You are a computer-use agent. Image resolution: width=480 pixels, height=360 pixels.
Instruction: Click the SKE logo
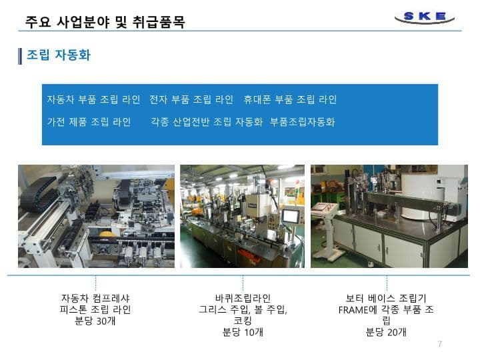tap(424, 17)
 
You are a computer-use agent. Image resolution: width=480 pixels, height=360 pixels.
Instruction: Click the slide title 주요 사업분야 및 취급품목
tap(105, 22)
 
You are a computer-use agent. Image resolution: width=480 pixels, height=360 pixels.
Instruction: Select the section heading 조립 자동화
tap(59, 55)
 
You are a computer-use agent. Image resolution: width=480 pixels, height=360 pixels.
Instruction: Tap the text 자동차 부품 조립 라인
tap(93, 99)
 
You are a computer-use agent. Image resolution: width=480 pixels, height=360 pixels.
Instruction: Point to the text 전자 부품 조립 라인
tap(191, 99)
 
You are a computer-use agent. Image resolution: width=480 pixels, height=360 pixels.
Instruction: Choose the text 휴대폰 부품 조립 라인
tap(290, 99)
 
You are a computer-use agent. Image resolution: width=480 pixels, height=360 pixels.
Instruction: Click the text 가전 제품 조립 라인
tap(89, 122)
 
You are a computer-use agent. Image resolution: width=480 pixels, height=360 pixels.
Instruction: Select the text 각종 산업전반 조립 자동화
tap(207, 122)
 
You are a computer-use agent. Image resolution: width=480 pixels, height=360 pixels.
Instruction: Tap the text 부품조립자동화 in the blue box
tap(302, 122)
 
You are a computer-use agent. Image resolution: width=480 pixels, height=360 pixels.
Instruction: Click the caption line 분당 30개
tap(95, 321)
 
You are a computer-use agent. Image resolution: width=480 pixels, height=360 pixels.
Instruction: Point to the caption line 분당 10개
tap(243, 332)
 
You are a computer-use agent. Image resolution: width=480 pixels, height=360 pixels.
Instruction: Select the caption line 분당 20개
tap(386, 332)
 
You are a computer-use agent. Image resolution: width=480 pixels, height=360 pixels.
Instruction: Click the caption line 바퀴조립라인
tap(243, 298)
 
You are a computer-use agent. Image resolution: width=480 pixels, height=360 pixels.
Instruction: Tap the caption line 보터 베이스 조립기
tap(386, 298)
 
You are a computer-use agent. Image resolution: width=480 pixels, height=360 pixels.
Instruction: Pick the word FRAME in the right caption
tap(353, 310)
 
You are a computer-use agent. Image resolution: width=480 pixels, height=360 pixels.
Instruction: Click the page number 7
tap(440, 344)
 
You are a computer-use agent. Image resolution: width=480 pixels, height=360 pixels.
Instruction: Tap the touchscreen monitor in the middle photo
tap(291, 216)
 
